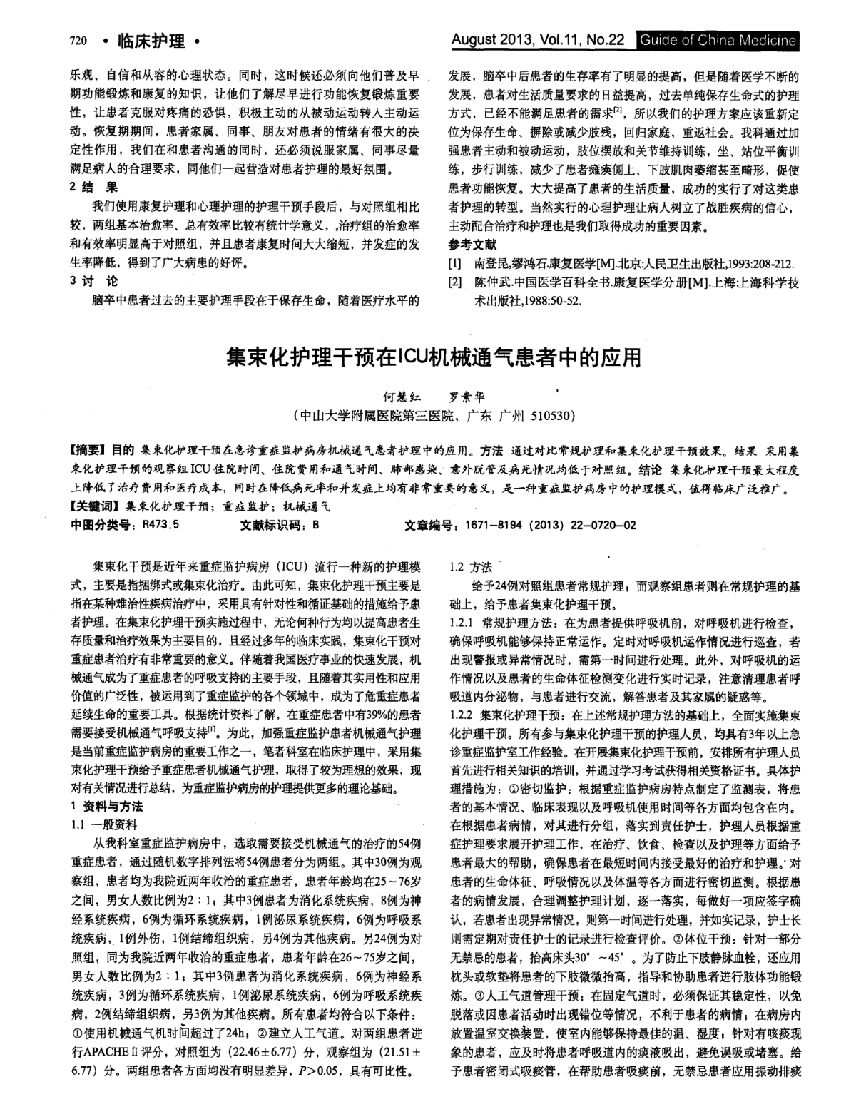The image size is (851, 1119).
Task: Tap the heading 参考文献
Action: [x=468, y=245]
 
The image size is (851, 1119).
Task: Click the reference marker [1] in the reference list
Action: [x=454, y=263]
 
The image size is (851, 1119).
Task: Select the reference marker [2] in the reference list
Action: [x=454, y=282]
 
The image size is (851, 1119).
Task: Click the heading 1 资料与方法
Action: [x=107, y=807]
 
